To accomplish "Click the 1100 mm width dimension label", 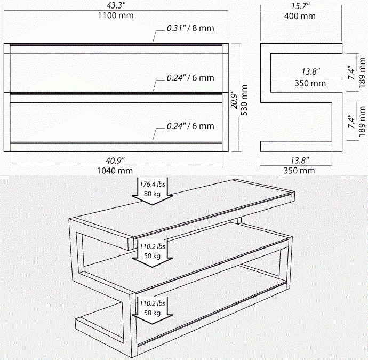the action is (116, 15).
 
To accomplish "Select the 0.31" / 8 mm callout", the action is (190, 28).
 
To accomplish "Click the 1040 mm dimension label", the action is (115, 171).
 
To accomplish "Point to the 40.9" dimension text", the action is (115, 161).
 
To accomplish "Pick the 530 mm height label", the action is (244, 100).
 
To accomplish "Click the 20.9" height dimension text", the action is (235, 100).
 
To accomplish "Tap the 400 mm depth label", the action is (300, 16).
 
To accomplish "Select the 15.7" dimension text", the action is (301, 6).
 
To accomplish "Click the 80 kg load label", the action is (153, 194).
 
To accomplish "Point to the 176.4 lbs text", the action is (153, 184).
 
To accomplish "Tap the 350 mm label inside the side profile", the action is (310, 83).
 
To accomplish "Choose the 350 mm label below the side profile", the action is (299, 170).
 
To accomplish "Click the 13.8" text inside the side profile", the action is (311, 71).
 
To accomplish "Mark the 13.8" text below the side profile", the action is (300, 161).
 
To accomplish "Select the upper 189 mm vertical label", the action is (362, 73).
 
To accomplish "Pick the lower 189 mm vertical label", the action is (362, 121).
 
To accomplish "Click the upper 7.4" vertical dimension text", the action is (352, 73).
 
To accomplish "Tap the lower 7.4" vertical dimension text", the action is (352, 121).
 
